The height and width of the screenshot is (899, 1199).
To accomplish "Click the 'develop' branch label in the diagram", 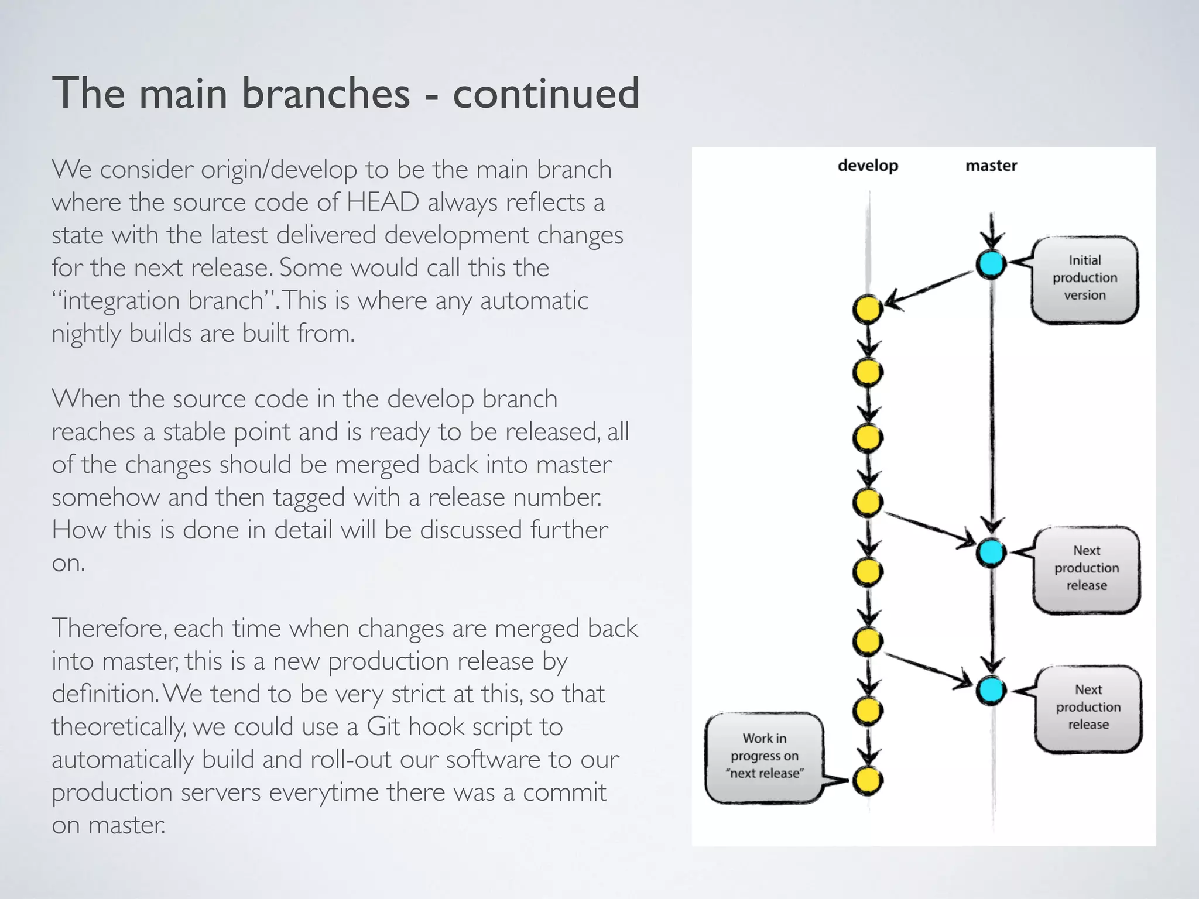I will pyautogui.click(x=868, y=166).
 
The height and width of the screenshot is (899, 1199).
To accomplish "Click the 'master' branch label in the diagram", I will pyautogui.click(x=991, y=166).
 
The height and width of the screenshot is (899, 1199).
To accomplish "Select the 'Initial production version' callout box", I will pyautogui.click(x=1085, y=279).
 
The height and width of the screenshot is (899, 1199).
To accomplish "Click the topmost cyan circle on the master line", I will pyautogui.click(x=991, y=264).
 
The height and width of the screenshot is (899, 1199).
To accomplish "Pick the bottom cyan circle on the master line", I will pyautogui.click(x=991, y=690).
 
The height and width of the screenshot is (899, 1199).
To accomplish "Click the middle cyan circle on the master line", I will pyautogui.click(x=991, y=552).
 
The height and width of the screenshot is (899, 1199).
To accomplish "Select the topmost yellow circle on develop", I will pyautogui.click(x=868, y=310).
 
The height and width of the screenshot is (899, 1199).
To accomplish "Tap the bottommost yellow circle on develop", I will pyautogui.click(x=868, y=780).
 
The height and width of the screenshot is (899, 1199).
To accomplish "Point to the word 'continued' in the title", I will pyautogui.click(x=546, y=94).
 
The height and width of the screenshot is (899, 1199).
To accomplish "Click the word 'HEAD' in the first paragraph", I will pyautogui.click(x=382, y=203).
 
